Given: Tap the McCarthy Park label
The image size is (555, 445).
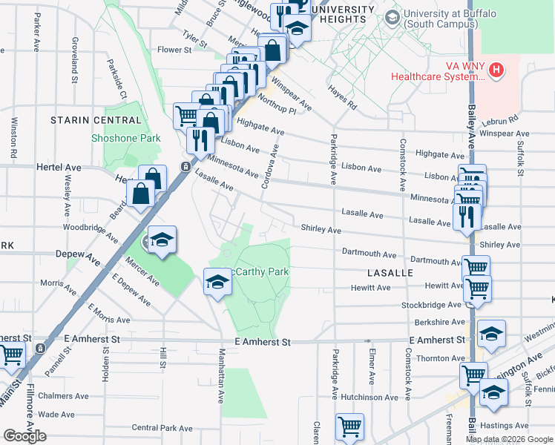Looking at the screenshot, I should (257, 272).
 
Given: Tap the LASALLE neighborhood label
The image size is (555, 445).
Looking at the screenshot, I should (389, 273).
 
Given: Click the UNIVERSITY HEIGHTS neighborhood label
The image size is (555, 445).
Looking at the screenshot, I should (344, 15).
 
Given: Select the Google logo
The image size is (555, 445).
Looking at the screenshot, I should (24, 436).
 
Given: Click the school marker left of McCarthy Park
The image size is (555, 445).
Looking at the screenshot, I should (217, 282).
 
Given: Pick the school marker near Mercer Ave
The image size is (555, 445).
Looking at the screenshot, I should (162, 240).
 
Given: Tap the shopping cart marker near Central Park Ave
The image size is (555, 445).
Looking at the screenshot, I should (349, 426).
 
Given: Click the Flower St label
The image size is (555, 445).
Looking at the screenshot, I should (174, 50).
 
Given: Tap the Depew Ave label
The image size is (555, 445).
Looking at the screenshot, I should (77, 254).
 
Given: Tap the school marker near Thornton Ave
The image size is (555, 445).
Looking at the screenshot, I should (491, 334).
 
